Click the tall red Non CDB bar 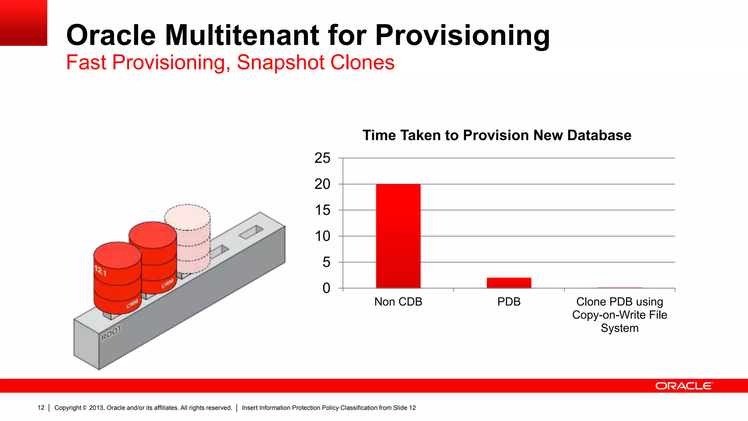pyautogui.click(x=398, y=236)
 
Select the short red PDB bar pyautogui.click(x=509, y=283)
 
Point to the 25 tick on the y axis pyautogui.click(x=322, y=158)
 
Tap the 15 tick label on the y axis pyautogui.click(x=322, y=210)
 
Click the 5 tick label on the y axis pyautogui.click(x=326, y=262)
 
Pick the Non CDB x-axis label pyautogui.click(x=398, y=302)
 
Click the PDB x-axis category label pyautogui.click(x=509, y=302)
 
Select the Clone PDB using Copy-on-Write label pyautogui.click(x=619, y=315)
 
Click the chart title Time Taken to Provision pyautogui.click(x=497, y=135)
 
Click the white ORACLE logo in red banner pyautogui.click(x=684, y=386)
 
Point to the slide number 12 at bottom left pyautogui.click(x=41, y=407)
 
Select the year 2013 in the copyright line pyautogui.click(x=96, y=408)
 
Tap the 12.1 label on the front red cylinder pyautogui.click(x=100, y=271)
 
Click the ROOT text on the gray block pyautogui.click(x=111, y=333)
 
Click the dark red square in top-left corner pyautogui.click(x=23, y=23)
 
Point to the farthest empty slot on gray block pyautogui.click(x=251, y=232)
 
